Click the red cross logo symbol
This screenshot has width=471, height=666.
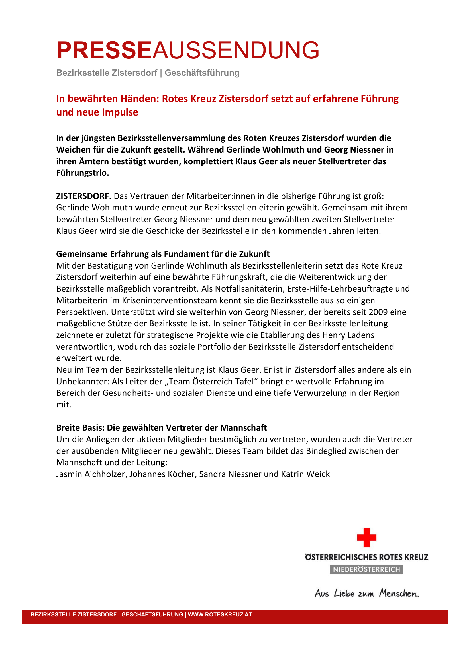click(x=366, y=537)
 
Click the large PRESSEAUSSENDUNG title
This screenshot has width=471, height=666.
click(x=187, y=50)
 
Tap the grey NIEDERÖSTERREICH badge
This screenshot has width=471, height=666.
click(x=366, y=569)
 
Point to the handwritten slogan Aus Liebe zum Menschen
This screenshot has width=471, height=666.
click(x=366, y=593)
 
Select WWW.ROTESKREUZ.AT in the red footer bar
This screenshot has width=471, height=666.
click(x=220, y=614)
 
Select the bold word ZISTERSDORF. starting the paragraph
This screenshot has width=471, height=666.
click(x=83, y=196)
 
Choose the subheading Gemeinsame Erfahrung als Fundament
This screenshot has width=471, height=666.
click(x=162, y=254)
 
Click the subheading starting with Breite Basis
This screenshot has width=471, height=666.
click(x=161, y=428)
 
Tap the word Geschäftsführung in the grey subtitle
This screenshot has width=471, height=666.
click(x=202, y=73)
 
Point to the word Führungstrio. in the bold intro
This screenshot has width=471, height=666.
click(x=82, y=173)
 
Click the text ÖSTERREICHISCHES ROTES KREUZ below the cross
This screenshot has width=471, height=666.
click(x=366, y=557)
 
